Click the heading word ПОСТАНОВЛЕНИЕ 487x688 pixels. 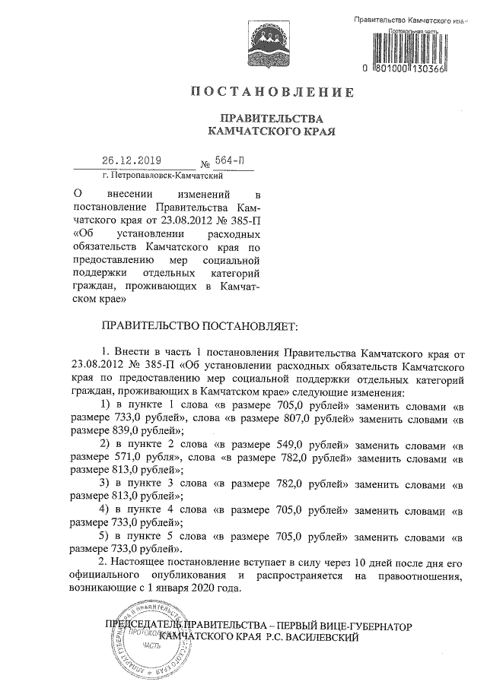tap(271, 93)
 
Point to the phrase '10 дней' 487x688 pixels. tap(368, 562)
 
